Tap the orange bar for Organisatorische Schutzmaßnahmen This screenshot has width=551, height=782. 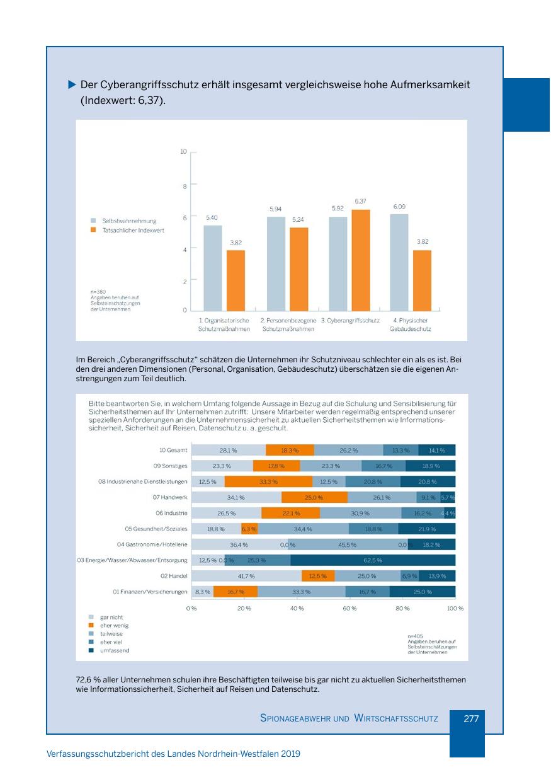tap(236, 280)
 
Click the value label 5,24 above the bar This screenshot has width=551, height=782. tap(298, 219)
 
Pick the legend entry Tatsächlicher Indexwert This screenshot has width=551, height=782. tap(133, 231)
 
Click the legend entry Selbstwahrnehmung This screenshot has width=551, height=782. tap(129, 221)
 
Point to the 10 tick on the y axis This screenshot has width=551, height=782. tap(184, 152)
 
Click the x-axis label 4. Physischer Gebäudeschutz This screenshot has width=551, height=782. tap(410, 325)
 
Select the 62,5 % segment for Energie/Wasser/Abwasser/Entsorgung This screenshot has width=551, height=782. tap(373, 560)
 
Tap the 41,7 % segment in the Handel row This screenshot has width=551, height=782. tap(246, 576)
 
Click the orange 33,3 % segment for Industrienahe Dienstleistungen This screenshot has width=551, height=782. tap(269, 482)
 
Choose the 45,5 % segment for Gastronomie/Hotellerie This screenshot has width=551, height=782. tap(347, 544)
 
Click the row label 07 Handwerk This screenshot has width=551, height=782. tap(170, 498)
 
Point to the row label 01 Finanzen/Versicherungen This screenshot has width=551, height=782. tap(151, 592)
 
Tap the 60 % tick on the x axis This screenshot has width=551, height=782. tap(349, 608)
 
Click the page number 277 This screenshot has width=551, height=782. tap(472, 718)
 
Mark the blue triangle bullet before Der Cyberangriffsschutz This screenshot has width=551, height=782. tap(72, 84)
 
